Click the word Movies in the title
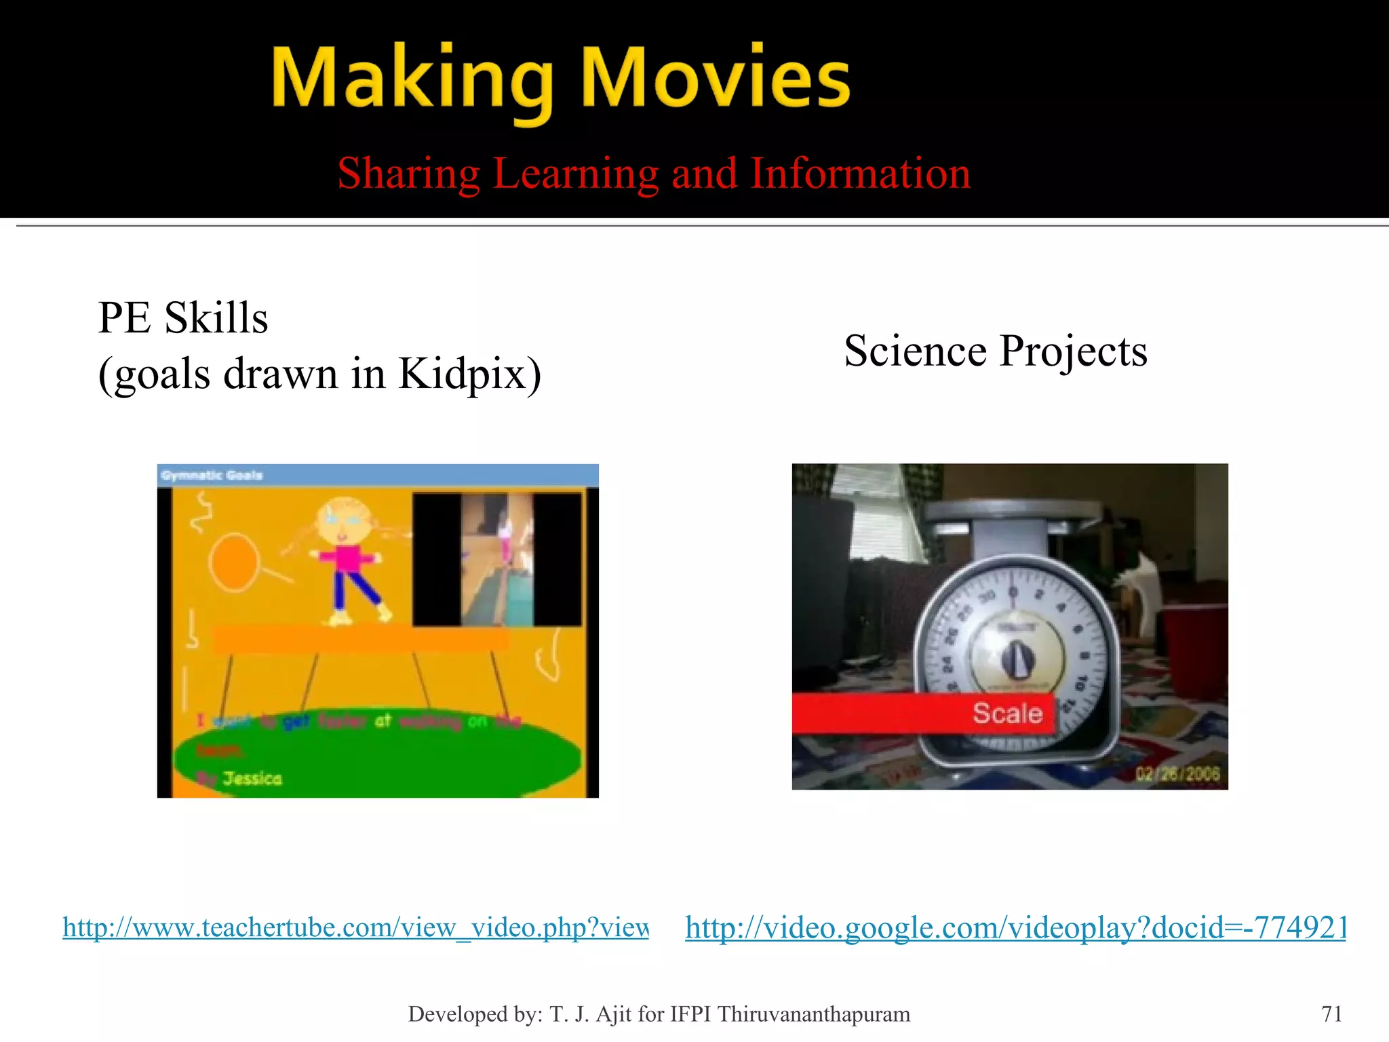pyautogui.click(x=716, y=77)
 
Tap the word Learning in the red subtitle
pyautogui.click(x=576, y=174)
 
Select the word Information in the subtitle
pyautogui.click(x=861, y=174)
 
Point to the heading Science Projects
pyautogui.click(x=995, y=351)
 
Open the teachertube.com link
pyautogui.click(x=355, y=927)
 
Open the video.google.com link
pyautogui.click(x=1015, y=927)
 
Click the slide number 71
pyautogui.click(x=1331, y=1014)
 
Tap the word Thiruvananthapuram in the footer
pyautogui.click(x=813, y=1014)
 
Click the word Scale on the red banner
pyautogui.click(x=1007, y=713)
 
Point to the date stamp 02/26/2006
pyautogui.click(x=1177, y=774)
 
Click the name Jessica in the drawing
pyautogui.click(x=252, y=778)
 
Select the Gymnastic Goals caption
pyautogui.click(x=212, y=475)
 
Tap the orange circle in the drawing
pyautogui.click(x=233, y=562)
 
